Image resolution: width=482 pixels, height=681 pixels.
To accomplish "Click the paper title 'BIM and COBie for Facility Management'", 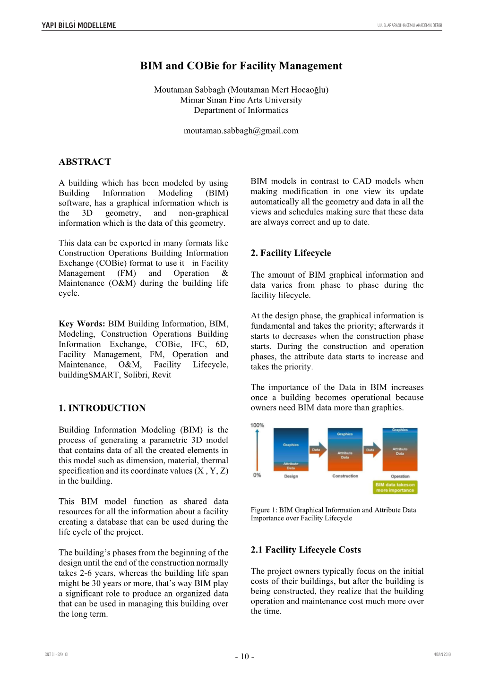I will click(x=241, y=66).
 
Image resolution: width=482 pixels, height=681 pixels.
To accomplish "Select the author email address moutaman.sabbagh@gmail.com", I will click(x=241, y=131).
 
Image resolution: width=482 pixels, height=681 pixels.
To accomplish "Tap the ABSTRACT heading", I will click(x=85, y=162).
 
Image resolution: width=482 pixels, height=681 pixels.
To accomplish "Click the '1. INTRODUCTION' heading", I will click(x=102, y=408).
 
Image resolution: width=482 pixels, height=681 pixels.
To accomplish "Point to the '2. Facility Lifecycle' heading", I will click(x=291, y=253).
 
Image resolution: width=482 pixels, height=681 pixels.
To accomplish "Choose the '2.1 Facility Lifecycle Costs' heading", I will click(x=306, y=550).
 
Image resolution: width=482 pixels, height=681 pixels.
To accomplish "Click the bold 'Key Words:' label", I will click(x=82, y=324).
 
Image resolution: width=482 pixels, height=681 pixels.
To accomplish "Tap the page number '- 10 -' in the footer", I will click(x=244, y=656).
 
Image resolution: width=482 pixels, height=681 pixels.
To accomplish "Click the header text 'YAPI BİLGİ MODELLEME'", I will click(x=78, y=26).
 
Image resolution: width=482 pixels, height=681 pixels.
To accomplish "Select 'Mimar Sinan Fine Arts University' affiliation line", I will click(x=241, y=100).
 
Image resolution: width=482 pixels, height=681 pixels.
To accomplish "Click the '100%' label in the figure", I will click(x=257, y=425).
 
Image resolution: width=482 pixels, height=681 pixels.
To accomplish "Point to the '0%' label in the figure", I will click(x=257, y=475).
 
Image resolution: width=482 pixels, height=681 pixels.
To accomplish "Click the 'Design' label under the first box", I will click(x=291, y=476).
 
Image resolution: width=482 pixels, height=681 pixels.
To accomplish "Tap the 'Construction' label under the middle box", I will click(x=345, y=476).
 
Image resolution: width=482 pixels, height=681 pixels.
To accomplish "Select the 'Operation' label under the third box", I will click(x=400, y=476).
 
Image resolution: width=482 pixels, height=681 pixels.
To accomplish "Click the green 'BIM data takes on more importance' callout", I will click(x=395, y=487).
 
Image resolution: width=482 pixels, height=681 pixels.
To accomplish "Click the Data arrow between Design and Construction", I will click(x=318, y=450).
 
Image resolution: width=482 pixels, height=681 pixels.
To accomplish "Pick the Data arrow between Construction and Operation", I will click(x=372, y=450).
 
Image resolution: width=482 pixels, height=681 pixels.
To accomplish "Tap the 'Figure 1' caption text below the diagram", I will click(x=333, y=514).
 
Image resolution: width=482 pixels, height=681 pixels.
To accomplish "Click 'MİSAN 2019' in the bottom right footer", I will click(x=442, y=654).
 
